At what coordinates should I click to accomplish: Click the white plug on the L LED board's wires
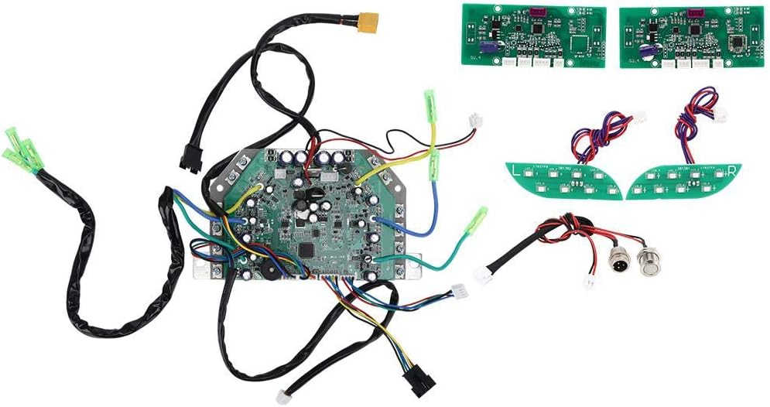click(638, 117)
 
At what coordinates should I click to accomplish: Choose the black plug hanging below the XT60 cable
click(187, 160)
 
